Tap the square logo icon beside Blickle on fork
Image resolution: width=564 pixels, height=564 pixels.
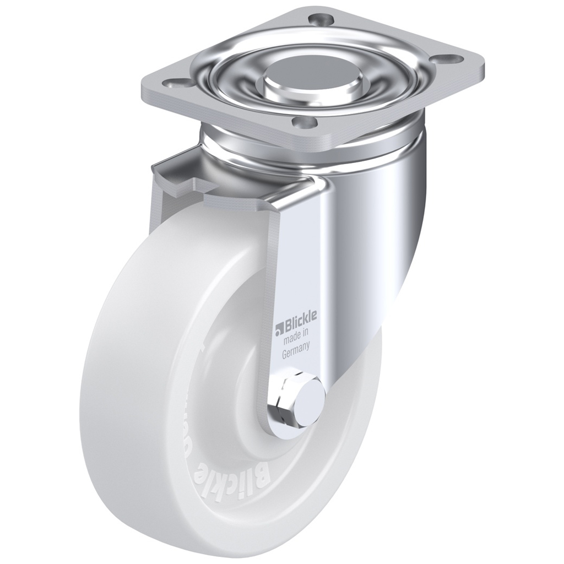(x=279, y=330)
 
